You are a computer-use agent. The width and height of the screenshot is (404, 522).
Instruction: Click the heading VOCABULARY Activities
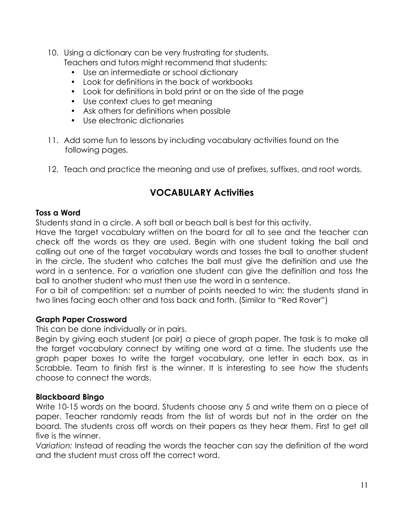click(x=202, y=193)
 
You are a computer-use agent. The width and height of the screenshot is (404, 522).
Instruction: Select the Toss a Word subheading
click(x=58, y=213)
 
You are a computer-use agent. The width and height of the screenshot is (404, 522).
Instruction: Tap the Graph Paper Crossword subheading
click(x=81, y=320)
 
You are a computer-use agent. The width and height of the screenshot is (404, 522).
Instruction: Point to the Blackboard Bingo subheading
click(x=70, y=397)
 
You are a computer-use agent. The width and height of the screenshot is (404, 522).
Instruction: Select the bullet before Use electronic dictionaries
click(x=73, y=121)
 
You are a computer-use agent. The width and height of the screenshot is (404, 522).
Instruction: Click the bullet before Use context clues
click(x=73, y=101)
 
